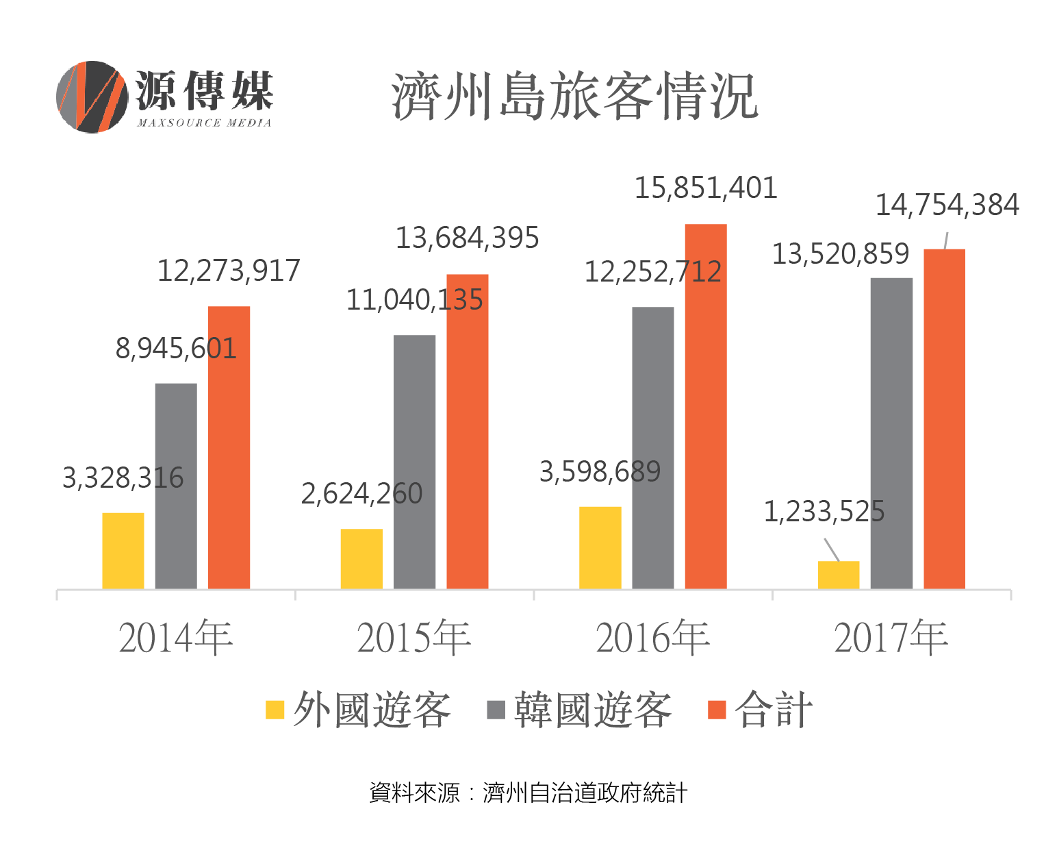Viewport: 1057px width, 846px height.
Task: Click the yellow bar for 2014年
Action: click(123, 551)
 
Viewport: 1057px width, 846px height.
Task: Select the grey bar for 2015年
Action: click(414, 462)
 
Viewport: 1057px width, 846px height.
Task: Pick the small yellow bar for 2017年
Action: click(839, 575)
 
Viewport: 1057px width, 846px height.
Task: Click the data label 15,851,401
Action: click(706, 188)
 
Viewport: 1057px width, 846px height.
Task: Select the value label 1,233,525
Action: click(824, 512)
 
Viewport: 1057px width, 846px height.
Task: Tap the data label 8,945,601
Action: click(176, 349)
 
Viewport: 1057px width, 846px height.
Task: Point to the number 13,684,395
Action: click(468, 238)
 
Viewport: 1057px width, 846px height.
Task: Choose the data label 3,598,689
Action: click(600, 472)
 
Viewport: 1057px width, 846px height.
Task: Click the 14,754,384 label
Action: click(947, 206)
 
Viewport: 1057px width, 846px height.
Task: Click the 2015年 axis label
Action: click(413, 638)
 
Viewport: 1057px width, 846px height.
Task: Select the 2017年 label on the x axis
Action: click(891, 638)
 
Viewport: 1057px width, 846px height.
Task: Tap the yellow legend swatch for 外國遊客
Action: click(275, 710)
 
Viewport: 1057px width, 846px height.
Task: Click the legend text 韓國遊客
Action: click(593, 710)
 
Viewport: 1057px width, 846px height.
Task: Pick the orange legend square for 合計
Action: click(716, 710)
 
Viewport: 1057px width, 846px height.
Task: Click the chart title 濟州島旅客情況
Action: click(574, 97)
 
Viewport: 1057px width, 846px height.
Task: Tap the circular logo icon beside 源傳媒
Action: click(92, 97)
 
